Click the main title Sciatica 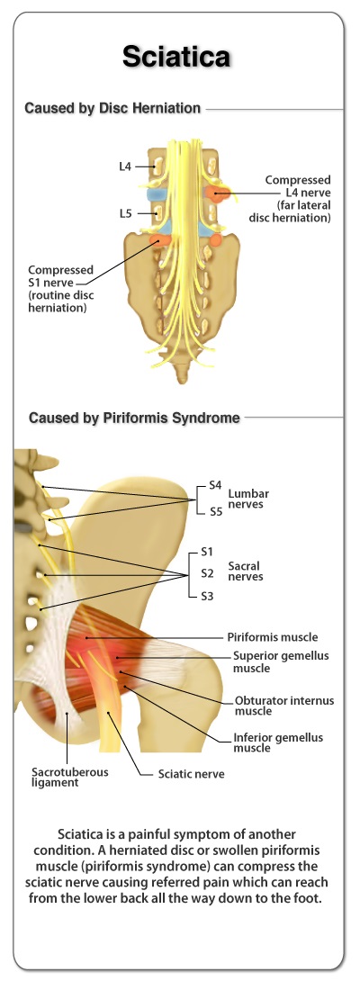(176, 57)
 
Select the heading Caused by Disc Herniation (112, 108)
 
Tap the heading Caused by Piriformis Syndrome (135, 418)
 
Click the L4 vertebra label (124, 166)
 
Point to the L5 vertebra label (125, 213)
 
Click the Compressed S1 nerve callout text (60, 289)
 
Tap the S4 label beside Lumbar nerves (216, 485)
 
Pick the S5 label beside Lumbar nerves (216, 512)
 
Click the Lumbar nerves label (248, 499)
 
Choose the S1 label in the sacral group (207, 552)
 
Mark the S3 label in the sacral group (207, 596)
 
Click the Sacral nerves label (246, 571)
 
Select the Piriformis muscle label (273, 637)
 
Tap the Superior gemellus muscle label (281, 661)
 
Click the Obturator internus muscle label (284, 706)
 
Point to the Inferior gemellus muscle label (279, 742)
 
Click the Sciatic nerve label (191, 774)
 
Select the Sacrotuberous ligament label (70, 777)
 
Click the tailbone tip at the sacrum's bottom (182, 379)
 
